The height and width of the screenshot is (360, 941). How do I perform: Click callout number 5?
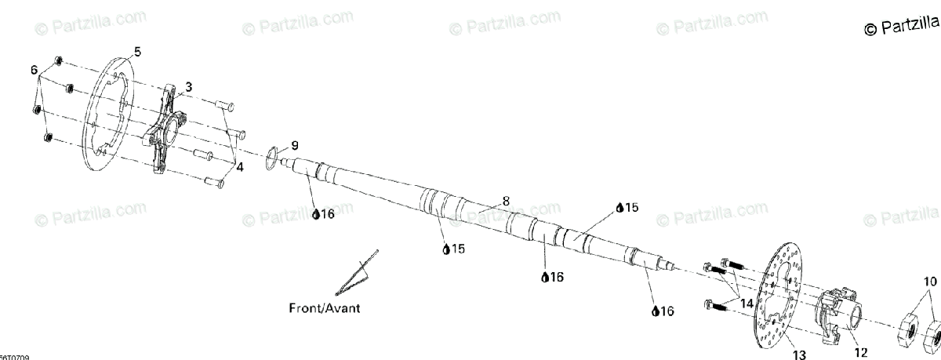pyautogui.click(x=137, y=52)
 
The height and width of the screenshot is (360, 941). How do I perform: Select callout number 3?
pyautogui.click(x=188, y=86)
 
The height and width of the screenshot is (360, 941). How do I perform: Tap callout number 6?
pyautogui.click(x=34, y=71)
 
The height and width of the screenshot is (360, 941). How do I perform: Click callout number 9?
pyautogui.click(x=295, y=145)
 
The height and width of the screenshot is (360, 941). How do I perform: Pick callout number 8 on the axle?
pyautogui.click(x=506, y=201)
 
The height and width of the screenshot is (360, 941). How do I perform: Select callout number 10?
pyautogui.click(x=929, y=281)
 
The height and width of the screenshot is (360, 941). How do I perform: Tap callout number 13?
pyautogui.click(x=799, y=354)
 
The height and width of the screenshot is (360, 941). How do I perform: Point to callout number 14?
pyautogui.click(x=745, y=303)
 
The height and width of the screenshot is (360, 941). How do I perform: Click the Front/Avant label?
pyautogui.click(x=324, y=308)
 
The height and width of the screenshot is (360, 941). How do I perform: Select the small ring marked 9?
pyautogui.click(x=269, y=157)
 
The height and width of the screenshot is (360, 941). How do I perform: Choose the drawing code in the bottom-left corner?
pyautogui.click(x=14, y=356)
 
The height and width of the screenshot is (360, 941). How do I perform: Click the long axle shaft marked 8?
pyautogui.click(x=486, y=216)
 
